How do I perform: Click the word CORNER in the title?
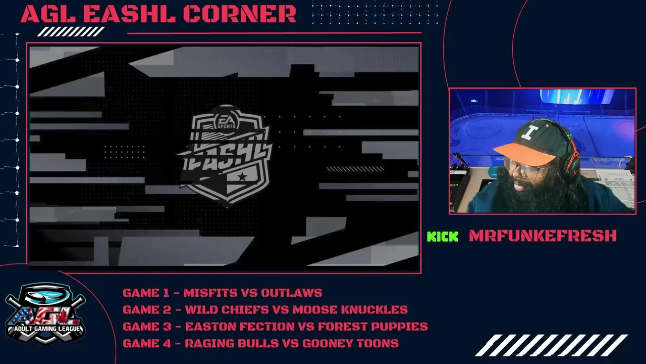coord(239,14)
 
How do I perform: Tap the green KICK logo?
coord(443,236)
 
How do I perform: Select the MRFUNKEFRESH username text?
coord(543,236)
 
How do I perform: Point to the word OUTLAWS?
coord(292,293)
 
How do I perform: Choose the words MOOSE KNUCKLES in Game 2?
coord(350,310)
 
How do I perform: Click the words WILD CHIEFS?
coord(227,310)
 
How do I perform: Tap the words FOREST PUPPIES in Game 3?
coord(373,327)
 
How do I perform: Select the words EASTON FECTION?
coord(240,327)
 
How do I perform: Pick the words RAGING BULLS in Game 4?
coord(232,343)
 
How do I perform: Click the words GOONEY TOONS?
coord(350,343)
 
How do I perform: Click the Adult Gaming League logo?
coord(45,314)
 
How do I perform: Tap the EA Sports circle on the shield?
coord(227,121)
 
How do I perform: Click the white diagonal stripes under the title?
coord(71,31)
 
